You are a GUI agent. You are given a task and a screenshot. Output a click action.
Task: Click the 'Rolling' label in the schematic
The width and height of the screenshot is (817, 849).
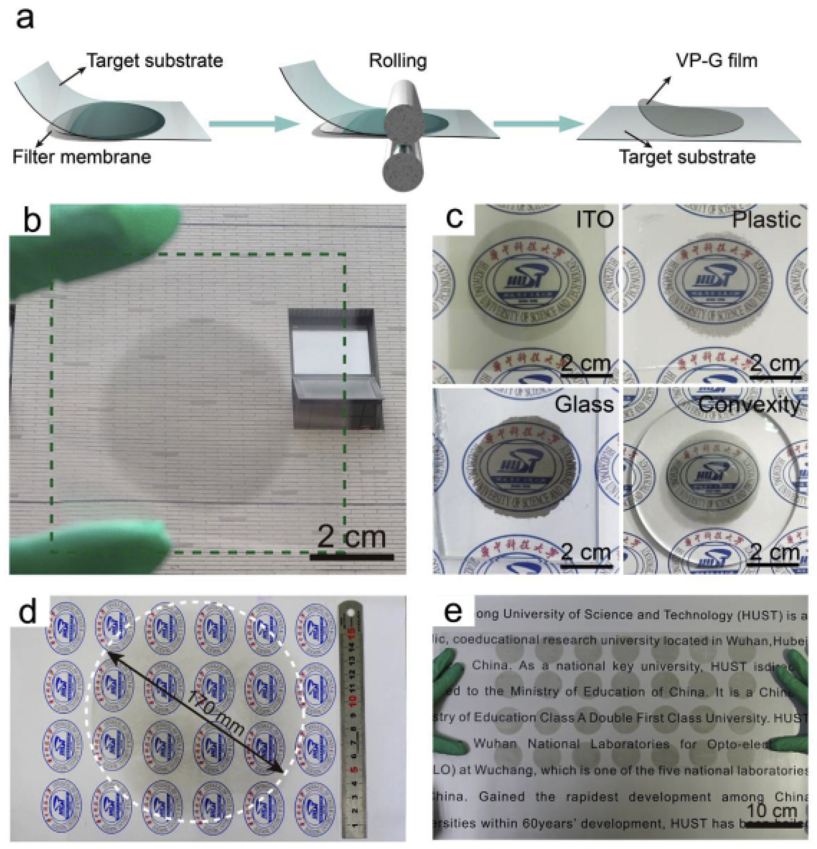(398, 61)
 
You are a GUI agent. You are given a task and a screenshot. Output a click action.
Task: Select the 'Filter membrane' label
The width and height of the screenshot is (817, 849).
(82, 157)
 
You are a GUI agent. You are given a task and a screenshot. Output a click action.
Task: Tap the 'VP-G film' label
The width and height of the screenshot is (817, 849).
(716, 60)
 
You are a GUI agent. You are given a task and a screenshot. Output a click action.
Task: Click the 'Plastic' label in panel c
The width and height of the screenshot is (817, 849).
(766, 220)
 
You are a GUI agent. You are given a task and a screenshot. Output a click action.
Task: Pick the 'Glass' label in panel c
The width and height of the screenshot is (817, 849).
(584, 405)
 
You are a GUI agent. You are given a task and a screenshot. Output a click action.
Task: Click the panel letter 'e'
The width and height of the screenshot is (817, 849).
(453, 612)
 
